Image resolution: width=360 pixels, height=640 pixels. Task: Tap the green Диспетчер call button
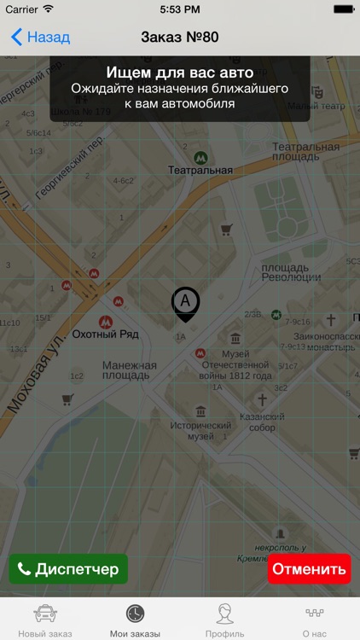(x=68, y=569)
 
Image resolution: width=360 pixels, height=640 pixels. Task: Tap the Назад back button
(x=40, y=38)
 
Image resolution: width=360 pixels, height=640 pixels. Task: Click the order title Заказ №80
(x=180, y=38)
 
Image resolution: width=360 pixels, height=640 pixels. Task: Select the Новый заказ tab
(x=44, y=620)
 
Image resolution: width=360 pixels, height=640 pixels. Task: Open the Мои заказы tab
(x=135, y=620)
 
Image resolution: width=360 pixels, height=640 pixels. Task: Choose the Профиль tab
(x=224, y=620)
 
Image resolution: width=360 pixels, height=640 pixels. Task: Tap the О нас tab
(x=314, y=620)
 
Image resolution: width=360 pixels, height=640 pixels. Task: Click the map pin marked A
(x=185, y=303)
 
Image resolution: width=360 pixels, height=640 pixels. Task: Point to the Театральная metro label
(x=200, y=170)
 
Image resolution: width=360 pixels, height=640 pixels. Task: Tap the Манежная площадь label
(x=130, y=371)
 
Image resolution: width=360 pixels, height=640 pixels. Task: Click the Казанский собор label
(x=262, y=422)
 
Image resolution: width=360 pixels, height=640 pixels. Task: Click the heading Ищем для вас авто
(x=179, y=73)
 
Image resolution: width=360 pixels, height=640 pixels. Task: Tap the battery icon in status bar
(x=343, y=9)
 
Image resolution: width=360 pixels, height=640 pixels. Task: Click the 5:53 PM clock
(x=180, y=9)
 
